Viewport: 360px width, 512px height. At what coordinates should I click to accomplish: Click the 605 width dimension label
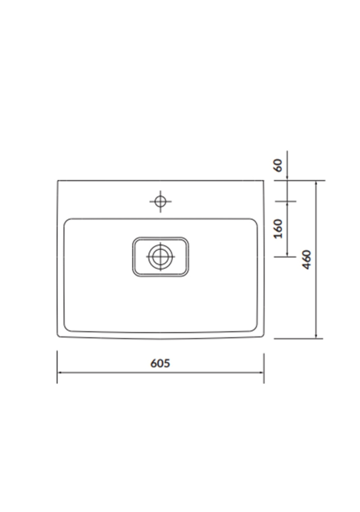coord(160,363)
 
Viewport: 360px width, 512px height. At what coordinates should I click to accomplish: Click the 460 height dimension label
coord(307,260)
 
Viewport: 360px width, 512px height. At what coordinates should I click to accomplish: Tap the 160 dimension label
coord(278,229)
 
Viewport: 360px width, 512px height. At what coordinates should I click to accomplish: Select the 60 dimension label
coord(278,165)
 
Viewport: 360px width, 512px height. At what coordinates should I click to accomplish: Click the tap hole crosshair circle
coord(161,202)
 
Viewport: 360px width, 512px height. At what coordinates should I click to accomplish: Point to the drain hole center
coord(161,257)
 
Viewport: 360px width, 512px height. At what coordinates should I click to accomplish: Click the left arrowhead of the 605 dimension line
coord(60,372)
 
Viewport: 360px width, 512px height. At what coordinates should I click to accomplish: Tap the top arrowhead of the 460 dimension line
coord(316,183)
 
